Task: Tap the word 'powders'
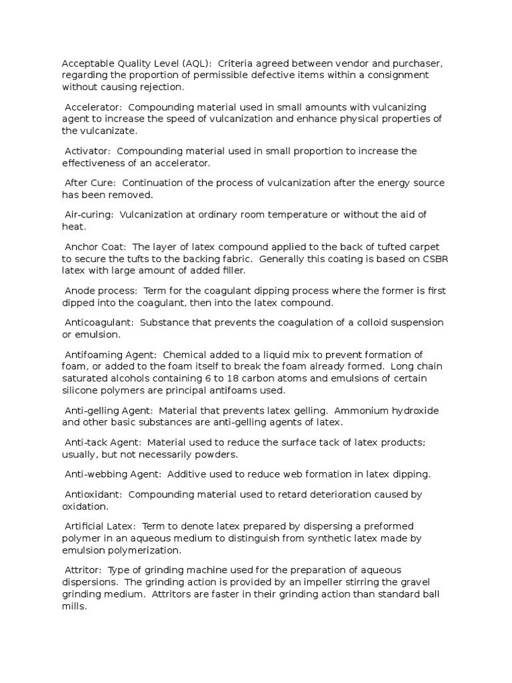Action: point(217,455)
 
